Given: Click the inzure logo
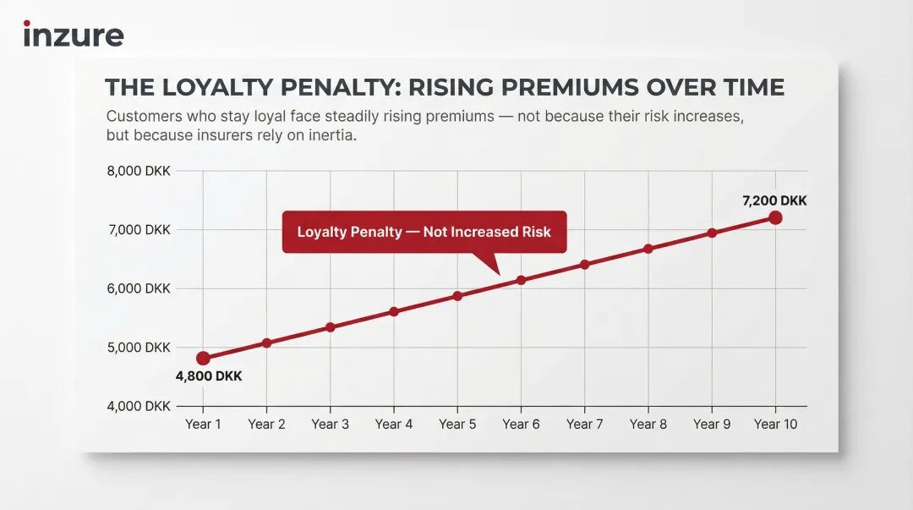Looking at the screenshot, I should [74, 34].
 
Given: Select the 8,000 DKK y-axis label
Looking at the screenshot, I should [139, 171].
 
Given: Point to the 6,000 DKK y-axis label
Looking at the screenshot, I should [139, 288].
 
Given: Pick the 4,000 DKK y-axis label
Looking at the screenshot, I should [139, 406].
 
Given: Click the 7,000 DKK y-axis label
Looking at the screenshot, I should [139, 230].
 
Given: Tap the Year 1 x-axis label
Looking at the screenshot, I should [203, 424].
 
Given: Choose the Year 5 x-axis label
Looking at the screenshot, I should [457, 424].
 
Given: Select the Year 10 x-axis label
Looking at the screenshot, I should [775, 424].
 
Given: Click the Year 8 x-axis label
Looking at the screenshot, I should [648, 424].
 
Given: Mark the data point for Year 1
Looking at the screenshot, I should [203, 359].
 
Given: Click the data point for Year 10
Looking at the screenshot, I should [775, 218].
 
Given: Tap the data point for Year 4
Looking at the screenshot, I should [394, 311].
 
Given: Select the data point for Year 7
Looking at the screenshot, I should [584, 265].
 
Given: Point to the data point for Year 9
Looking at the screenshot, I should [712, 233].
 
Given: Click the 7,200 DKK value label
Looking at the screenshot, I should [774, 201].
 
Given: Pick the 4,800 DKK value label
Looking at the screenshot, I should [209, 376].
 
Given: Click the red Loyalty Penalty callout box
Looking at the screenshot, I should [424, 232].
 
